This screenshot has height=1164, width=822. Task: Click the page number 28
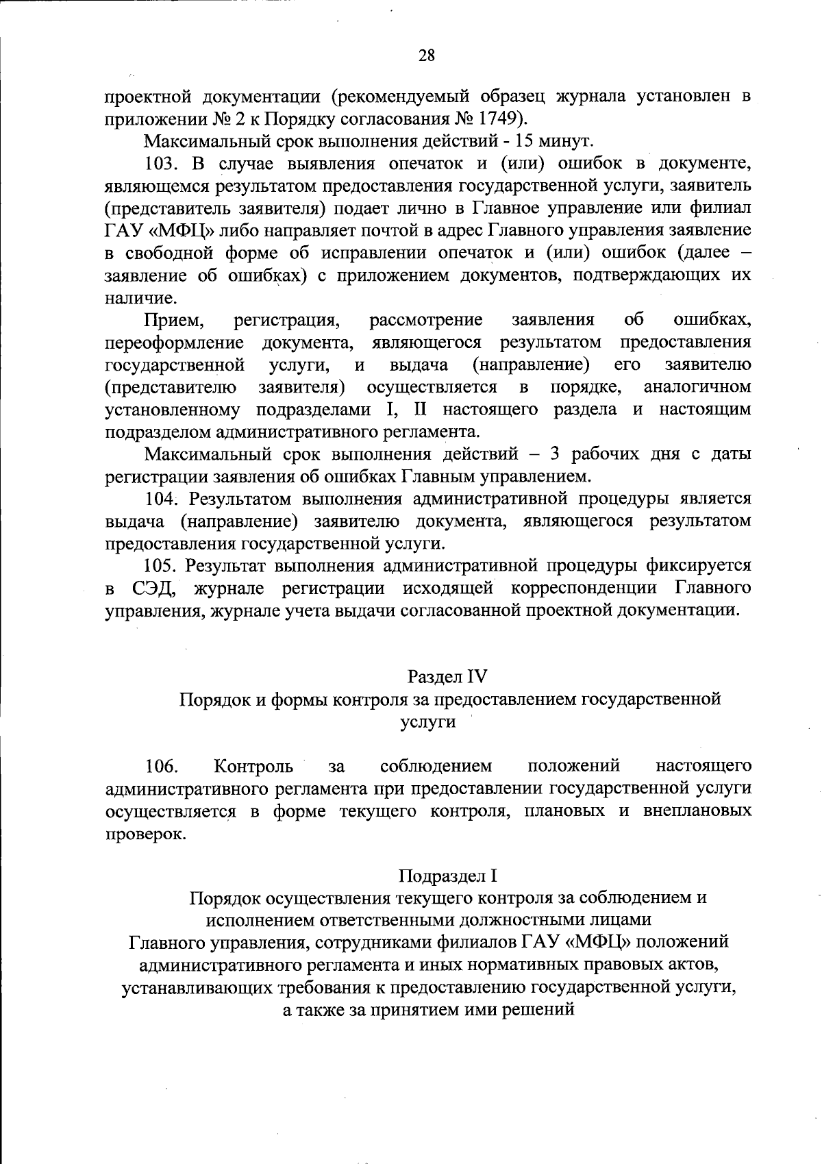click(426, 55)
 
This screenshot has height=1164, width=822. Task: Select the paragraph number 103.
click(164, 163)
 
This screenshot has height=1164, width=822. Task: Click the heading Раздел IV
click(447, 677)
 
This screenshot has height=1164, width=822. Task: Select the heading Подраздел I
click(447, 876)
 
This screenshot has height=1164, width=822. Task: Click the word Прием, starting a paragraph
click(175, 320)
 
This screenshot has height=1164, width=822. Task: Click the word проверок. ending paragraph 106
click(145, 835)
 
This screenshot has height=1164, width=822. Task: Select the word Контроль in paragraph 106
click(253, 765)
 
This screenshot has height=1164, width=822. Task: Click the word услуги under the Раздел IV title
click(427, 722)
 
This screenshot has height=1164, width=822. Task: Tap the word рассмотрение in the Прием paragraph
click(425, 320)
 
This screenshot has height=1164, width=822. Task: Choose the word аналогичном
click(697, 387)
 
